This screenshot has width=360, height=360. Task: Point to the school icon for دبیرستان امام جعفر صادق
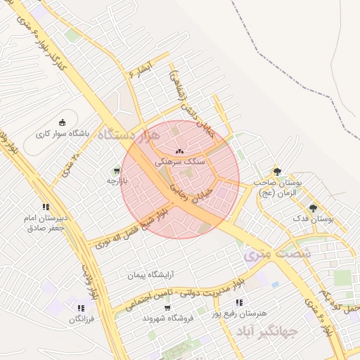click(x=46, y=207)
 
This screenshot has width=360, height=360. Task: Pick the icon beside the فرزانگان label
click(x=81, y=308)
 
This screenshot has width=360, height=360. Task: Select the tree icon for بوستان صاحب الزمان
click(x=277, y=172)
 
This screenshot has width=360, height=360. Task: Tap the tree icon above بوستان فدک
click(x=313, y=208)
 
